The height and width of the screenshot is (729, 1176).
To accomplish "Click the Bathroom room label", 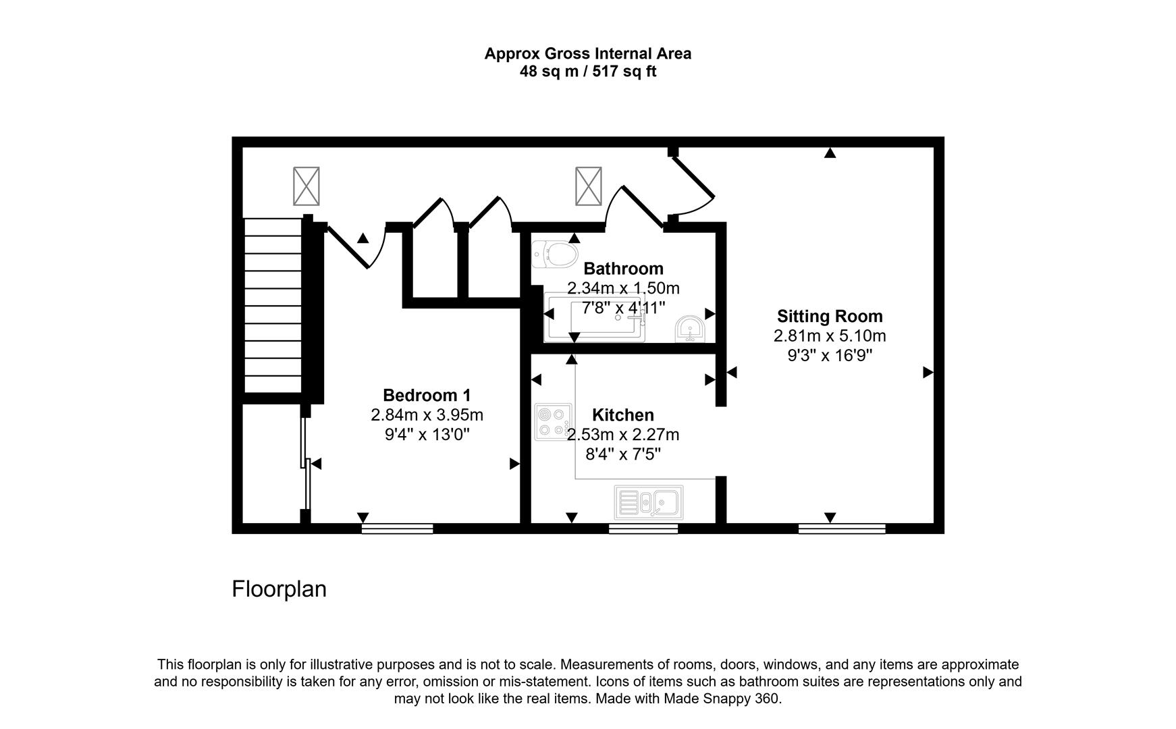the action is point(623,269).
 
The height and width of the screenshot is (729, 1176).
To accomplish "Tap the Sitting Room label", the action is point(830,316).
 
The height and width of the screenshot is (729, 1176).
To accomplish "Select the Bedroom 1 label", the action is point(427,395).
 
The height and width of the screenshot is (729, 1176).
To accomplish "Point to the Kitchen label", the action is point(623,414).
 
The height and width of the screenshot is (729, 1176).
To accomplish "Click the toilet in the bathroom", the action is point(555,254).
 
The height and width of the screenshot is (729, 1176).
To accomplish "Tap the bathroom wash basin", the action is point(690,329).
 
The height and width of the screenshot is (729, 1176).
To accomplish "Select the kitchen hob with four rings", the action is point(554,422).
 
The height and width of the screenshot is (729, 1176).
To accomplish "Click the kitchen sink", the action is point(649,502).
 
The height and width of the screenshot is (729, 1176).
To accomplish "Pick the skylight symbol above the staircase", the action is point(306,186).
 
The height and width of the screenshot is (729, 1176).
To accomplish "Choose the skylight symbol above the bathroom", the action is point(588,186).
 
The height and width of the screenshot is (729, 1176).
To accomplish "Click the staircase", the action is point(272,305).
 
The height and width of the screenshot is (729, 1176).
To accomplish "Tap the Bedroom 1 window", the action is point(397,529).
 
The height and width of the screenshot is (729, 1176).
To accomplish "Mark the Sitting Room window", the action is point(842,529).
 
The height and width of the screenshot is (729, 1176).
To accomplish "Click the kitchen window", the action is point(643,529).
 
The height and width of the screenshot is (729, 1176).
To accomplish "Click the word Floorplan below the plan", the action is point(279,589).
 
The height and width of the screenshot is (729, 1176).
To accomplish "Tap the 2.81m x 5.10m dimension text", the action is point(830,335).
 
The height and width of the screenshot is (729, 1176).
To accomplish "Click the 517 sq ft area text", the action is point(624,72).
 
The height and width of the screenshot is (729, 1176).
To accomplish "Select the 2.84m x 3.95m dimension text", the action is point(427,414).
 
